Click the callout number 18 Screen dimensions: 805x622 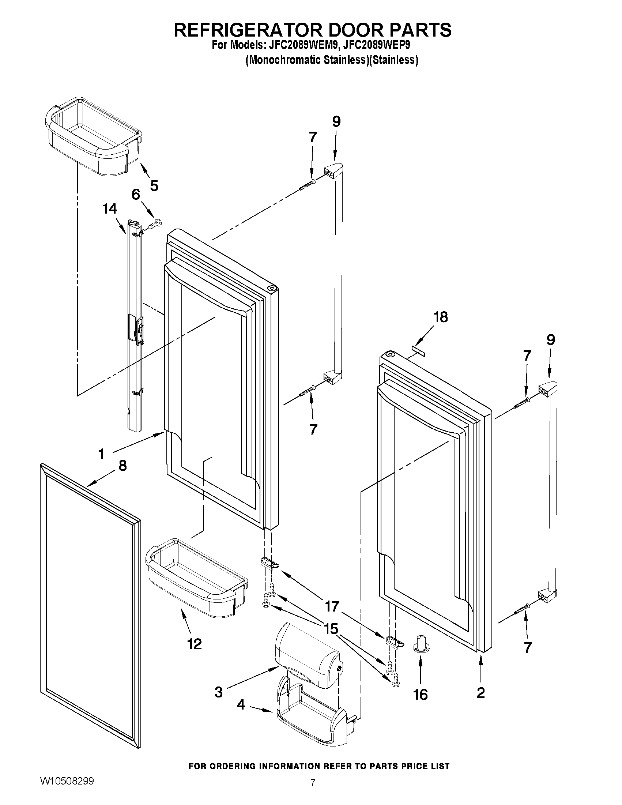(440, 317)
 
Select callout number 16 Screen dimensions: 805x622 (420, 695)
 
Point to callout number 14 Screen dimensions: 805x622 (110, 208)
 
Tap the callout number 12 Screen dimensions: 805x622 (195, 644)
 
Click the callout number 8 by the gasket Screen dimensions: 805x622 (123, 466)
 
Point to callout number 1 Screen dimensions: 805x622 (102, 454)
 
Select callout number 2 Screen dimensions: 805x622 (480, 693)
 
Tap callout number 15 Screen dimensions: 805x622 (331, 629)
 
